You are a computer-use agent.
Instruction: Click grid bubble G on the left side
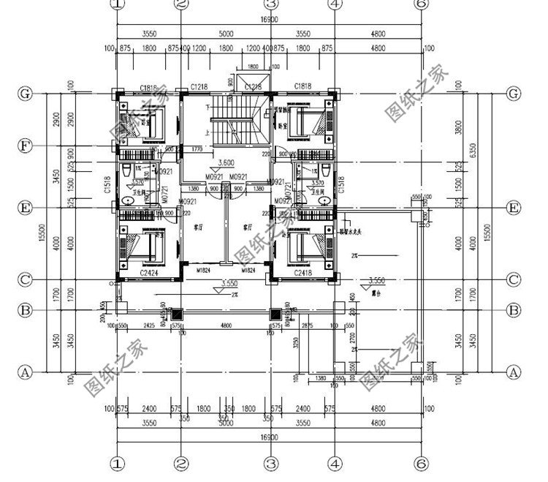[26, 94]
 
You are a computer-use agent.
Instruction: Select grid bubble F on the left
[26, 146]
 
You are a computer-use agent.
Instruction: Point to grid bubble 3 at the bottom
[270, 463]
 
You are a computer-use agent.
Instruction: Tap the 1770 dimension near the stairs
[197, 149]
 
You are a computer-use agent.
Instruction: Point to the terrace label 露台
[377, 290]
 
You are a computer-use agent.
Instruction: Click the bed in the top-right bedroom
[308, 121]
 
